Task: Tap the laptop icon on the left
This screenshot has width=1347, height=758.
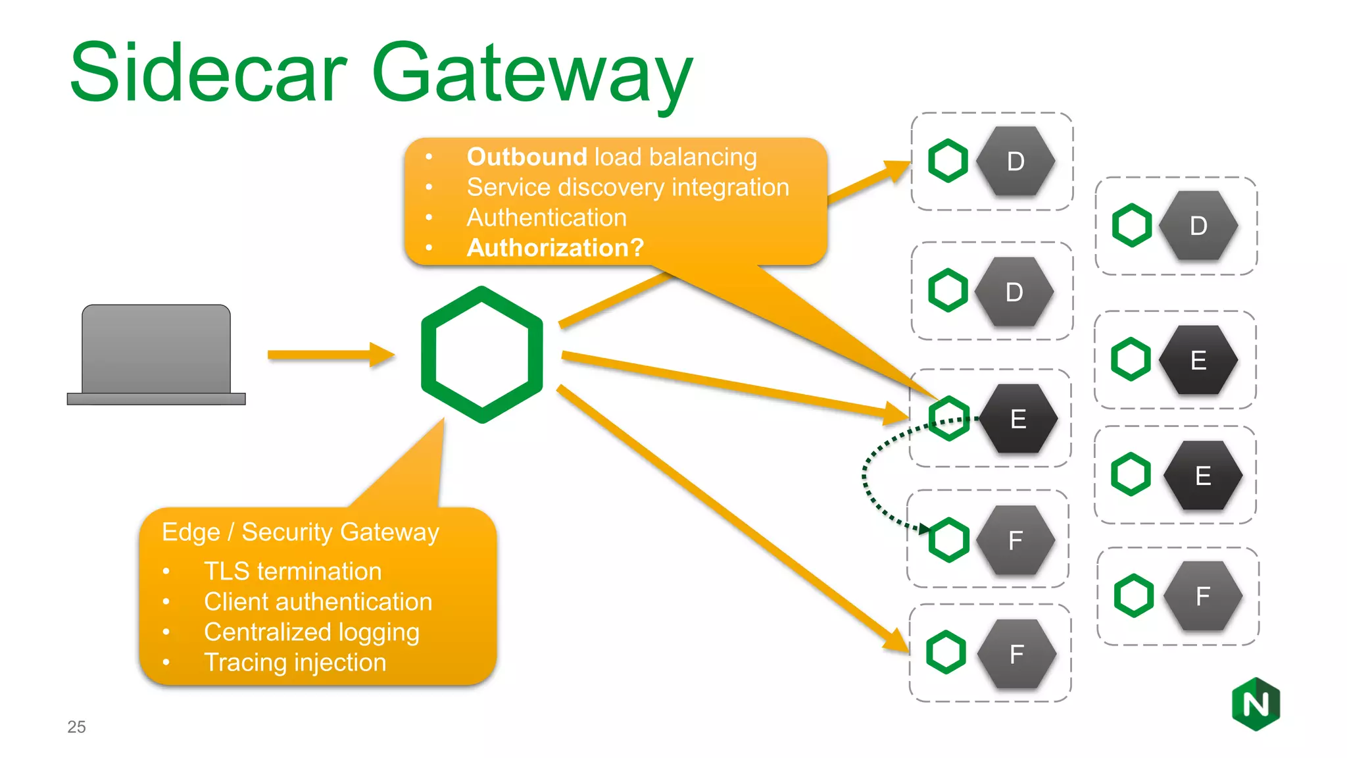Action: [156, 354]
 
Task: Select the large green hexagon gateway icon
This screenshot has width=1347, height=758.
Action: [482, 354]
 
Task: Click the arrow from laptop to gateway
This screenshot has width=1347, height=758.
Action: [329, 355]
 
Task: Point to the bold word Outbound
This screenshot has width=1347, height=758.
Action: [526, 157]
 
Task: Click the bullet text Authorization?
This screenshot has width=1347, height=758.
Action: [555, 248]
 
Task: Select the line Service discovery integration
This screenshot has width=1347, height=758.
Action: [627, 188]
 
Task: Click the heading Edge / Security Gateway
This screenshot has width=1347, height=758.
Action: [300, 532]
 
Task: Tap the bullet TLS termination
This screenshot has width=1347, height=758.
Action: [293, 571]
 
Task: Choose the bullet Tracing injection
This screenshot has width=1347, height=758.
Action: [295, 662]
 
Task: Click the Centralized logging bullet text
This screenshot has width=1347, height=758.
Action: [311, 632]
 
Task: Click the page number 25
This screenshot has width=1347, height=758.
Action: [76, 726]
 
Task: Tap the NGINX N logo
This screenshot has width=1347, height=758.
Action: [1256, 704]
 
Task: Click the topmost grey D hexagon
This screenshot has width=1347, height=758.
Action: [1015, 161]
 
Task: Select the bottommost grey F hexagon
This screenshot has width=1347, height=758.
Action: [1016, 653]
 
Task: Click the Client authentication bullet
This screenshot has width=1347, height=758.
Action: [318, 601]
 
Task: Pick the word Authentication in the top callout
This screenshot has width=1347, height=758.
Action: [546, 218]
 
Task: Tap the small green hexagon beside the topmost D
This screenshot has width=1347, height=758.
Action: [948, 161]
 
